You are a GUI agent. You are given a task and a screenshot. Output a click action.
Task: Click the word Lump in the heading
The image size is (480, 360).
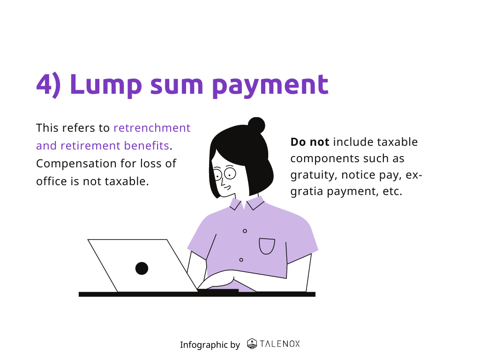(105, 84)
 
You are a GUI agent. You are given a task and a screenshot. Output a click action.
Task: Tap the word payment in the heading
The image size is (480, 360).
(270, 85)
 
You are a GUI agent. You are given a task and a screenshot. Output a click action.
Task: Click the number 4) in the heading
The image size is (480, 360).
(48, 85)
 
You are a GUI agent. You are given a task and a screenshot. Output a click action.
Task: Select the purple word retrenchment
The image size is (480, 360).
(152, 127)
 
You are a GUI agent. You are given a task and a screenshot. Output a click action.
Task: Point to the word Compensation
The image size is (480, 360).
(76, 164)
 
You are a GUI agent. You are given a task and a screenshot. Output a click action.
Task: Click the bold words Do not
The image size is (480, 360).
(310, 142)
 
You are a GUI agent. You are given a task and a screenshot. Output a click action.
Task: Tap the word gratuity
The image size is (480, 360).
(314, 175)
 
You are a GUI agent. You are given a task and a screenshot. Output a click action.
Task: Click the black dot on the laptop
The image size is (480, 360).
(142, 269)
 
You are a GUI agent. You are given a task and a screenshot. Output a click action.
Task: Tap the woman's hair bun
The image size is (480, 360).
(256, 125)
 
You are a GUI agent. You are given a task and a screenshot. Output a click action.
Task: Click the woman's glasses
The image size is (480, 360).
(225, 174)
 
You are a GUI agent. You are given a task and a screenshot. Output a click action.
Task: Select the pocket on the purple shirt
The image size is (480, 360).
(267, 246)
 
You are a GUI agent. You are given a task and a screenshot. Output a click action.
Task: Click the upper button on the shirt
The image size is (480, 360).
(245, 231)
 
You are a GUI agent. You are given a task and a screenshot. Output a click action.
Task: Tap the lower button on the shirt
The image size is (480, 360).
(241, 260)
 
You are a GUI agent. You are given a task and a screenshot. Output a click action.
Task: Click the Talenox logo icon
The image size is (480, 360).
(252, 344)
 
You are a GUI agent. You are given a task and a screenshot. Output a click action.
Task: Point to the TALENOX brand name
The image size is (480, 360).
(280, 344)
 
